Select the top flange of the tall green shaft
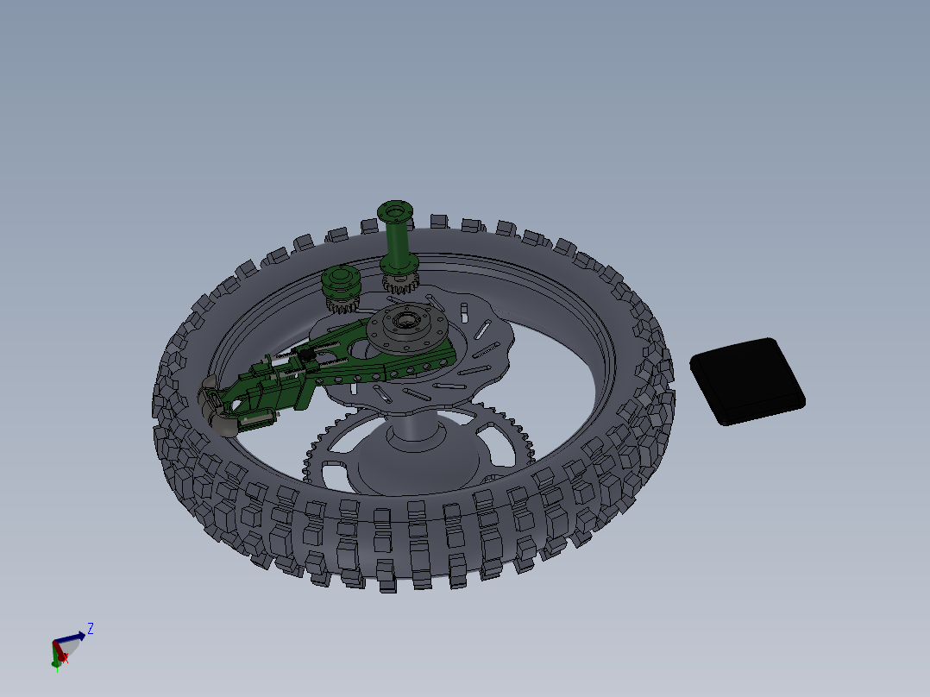[395, 210]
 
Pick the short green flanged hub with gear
[340, 286]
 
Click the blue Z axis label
[90, 629]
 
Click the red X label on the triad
[65, 657]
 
